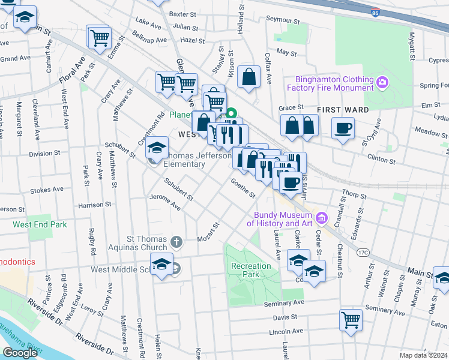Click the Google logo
click(20, 352)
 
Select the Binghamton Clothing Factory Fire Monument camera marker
click(382, 82)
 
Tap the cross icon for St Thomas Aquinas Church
click(176, 242)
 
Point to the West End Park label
click(40, 224)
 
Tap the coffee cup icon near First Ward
click(343, 128)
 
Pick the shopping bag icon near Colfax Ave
click(249, 77)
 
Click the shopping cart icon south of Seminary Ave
click(351, 319)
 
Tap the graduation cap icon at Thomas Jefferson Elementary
click(157, 148)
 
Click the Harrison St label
click(95, 205)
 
